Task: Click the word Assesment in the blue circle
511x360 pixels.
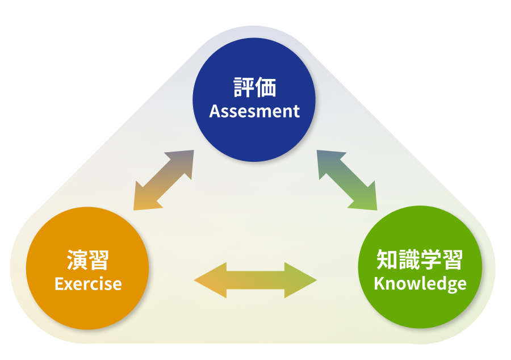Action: pyautogui.click(x=254, y=111)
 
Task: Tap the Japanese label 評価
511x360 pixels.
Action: pyautogui.click(x=254, y=88)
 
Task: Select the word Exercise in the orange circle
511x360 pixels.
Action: pyautogui.click(x=88, y=283)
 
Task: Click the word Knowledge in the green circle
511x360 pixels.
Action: pyautogui.click(x=420, y=283)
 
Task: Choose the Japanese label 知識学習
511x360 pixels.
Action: pyautogui.click(x=420, y=260)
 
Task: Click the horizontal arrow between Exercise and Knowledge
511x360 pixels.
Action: pyautogui.click(x=256, y=280)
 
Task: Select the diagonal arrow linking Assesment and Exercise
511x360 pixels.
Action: pyautogui.click(x=164, y=180)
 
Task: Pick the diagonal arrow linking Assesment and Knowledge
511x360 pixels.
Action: pyautogui.click(x=347, y=180)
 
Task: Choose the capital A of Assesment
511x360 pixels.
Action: pyautogui.click(x=215, y=111)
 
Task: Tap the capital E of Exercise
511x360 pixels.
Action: pyautogui.click(x=58, y=283)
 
